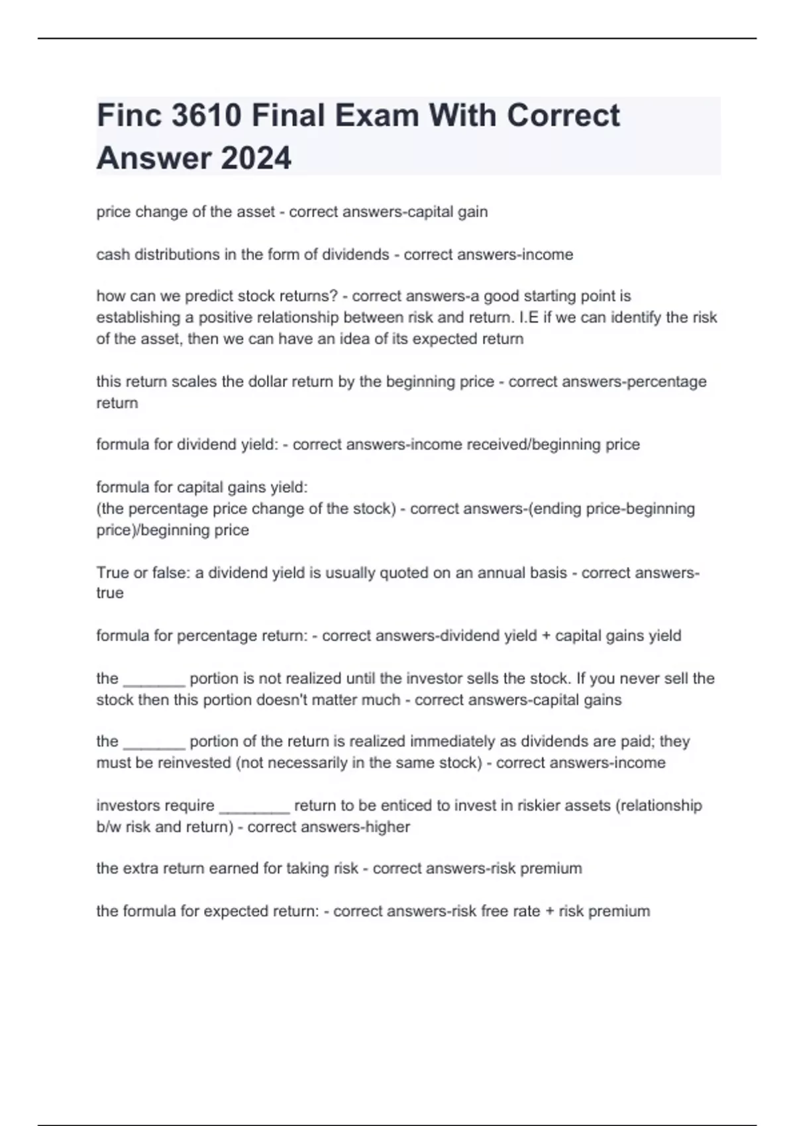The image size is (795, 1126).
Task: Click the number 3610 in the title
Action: pyautogui.click(x=205, y=116)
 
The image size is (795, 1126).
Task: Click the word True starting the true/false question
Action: pyautogui.click(x=113, y=572)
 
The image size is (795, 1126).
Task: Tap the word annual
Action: pyautogui.click(x=497, y=572)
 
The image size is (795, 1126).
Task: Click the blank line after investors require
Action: pyautogui.click(x=254, y=806)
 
